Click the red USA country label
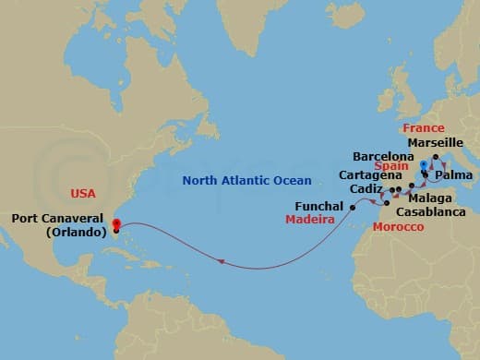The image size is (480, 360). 84,194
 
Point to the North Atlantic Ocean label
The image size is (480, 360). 246,180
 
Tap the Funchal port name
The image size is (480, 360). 319,206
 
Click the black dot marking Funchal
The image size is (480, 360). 353,208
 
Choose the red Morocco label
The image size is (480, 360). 398,227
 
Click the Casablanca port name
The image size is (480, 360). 427,210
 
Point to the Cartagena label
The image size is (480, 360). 370,174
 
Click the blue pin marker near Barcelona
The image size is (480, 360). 424,167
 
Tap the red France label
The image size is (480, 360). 424,128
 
